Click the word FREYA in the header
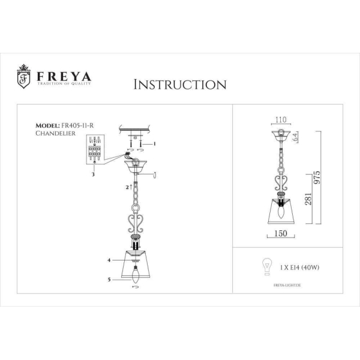pyautogui.click(x=64, y=77)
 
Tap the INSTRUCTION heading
pyautogui.click(x=180, y=84)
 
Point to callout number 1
pyautogui.click(x=155, y=143)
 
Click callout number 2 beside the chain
pyautogui.click(x=127, y=187)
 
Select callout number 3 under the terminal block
pyautogui.click(x=93, y=172)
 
